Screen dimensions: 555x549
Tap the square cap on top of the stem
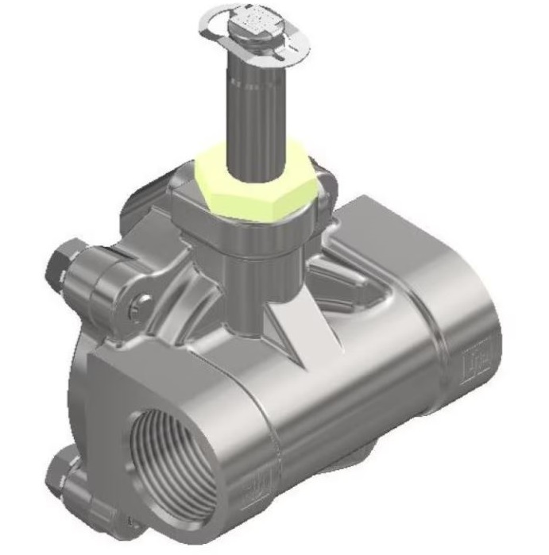(256, 24)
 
